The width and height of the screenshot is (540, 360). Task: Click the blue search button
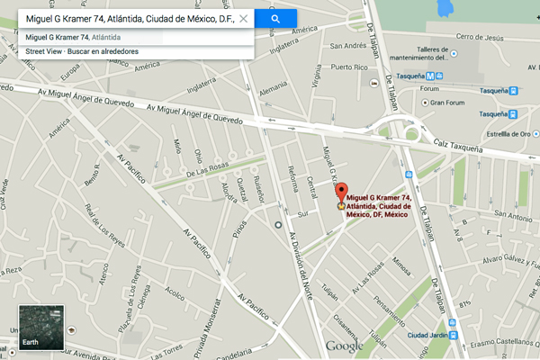[x=275, y=18]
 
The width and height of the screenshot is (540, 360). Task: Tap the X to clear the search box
[x=243, y=18]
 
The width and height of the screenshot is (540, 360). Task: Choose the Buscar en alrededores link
[x=106, y=52]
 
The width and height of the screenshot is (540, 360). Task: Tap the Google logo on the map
[x=344, y=346]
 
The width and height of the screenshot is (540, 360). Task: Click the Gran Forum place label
[x=446, y=102]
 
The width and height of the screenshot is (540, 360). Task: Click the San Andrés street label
[x=347, y=46]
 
